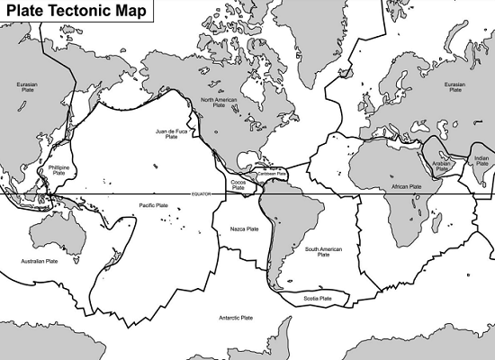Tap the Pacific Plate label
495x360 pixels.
[x=154, y=206]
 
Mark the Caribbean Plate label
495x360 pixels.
[x=270, y=174]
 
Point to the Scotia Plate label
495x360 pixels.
[x=319, y=298]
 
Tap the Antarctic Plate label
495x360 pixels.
[x=236, y=318]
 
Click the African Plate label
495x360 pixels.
[x=407, y=187]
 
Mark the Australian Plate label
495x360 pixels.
[x=40, y=261]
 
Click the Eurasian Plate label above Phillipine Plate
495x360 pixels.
[x=27, y=86]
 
